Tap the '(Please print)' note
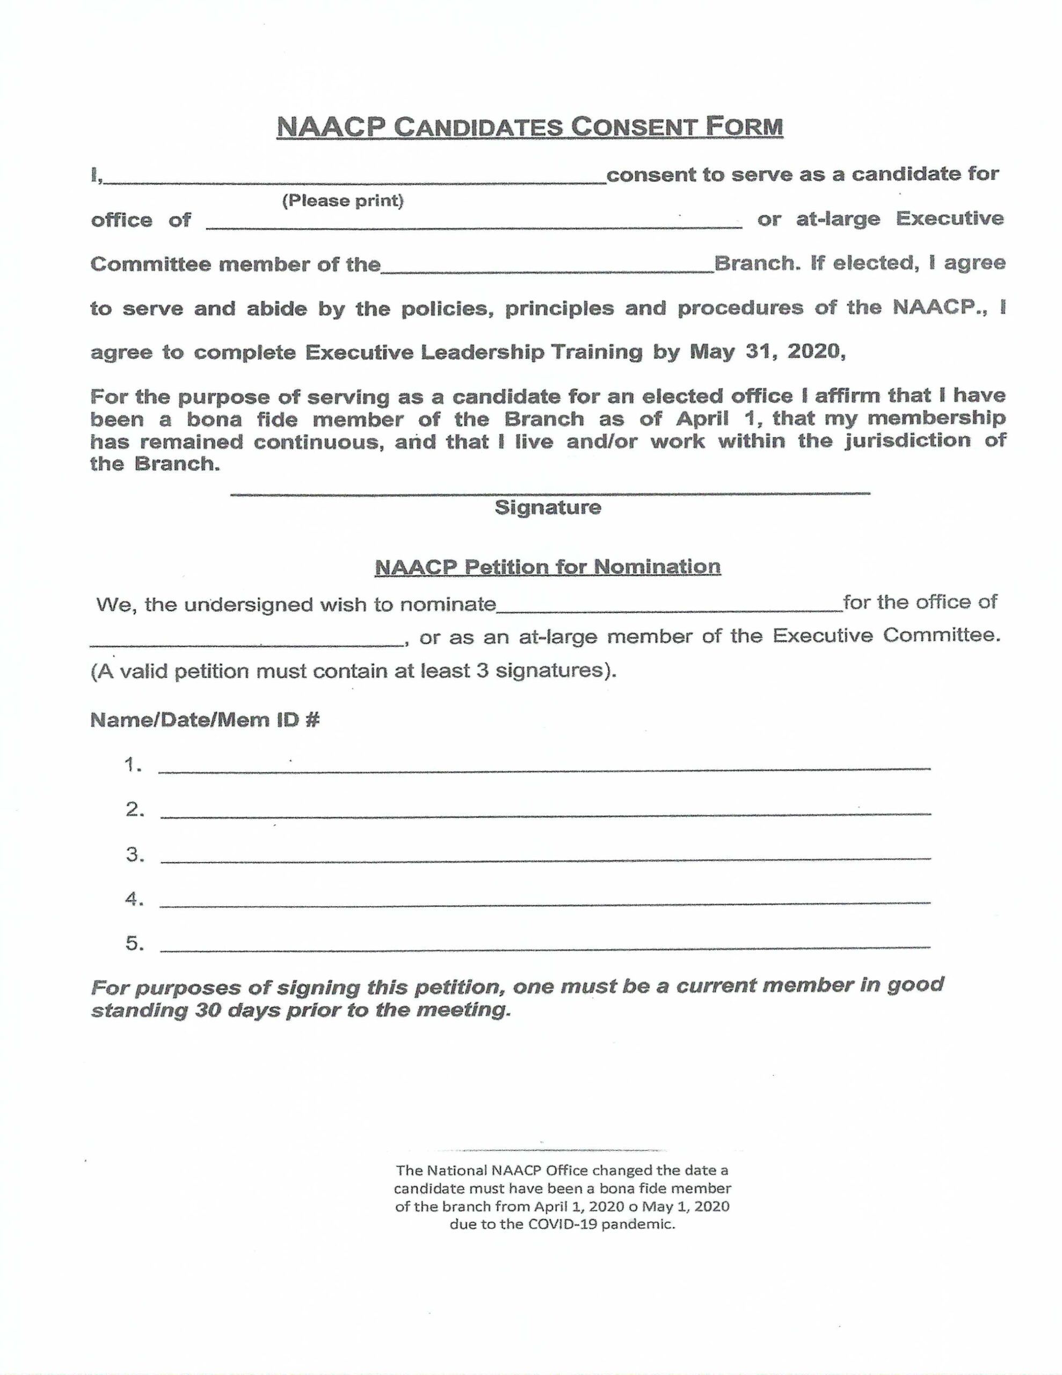(x=343, y=201)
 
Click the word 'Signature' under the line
(x=548, y=508)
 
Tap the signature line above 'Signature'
(x=550, y=491)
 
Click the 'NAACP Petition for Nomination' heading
(x=548, y=567)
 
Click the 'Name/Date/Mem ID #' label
(x=205, y=720)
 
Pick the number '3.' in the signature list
(x=135, y=855)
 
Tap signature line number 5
(x=544, y=946)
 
